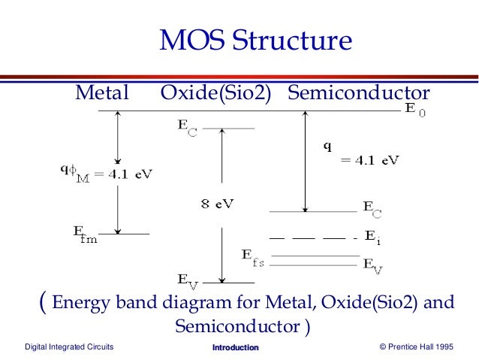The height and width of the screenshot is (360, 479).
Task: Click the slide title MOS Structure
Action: (255, 41)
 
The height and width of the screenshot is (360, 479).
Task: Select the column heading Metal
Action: (101, 93)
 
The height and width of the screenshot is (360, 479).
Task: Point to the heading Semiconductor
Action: (358, 93)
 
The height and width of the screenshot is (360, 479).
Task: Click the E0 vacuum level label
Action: (415, 112)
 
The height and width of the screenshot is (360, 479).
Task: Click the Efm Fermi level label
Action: (84, 237)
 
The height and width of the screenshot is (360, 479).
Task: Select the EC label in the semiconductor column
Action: (372, 209)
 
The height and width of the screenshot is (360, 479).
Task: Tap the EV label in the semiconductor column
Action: (372, 264)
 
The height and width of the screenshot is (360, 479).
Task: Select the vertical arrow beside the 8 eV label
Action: (221, 203)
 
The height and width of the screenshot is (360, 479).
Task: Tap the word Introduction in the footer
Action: (235, 347)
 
